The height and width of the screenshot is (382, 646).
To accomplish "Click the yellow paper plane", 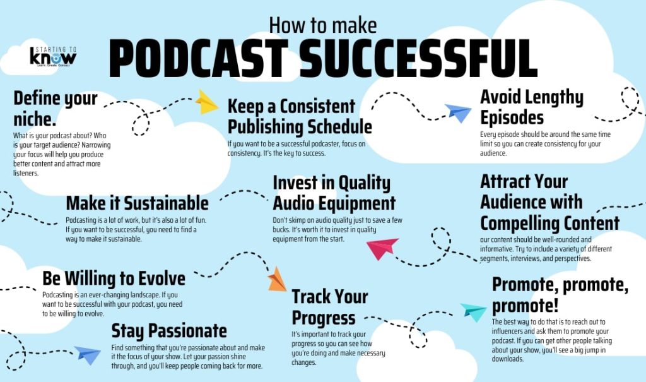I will pyautogui.click(x=207, y=102).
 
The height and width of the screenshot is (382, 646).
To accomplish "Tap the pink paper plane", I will pyautogui.click(x=383, y=248).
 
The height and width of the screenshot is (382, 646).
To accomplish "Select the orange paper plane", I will pyautogui.click(x=277, y=279).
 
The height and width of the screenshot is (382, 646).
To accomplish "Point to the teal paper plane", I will pyautogui.click(x=473, y=311).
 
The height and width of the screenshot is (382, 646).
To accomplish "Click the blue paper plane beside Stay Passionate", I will pyautogui.click(x=88, y=355).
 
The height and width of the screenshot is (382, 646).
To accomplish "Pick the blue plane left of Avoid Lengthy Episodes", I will pyautogui.click(x=459, y=112).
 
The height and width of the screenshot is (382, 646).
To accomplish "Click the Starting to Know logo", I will pyautogui.click(x=53, y=56).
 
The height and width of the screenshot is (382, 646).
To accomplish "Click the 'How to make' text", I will pyautogui.click(x=322, y=25).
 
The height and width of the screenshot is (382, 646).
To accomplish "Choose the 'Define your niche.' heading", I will pyautogui.click(x=55, y=108).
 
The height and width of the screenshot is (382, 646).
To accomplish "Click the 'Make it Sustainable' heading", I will pyautogui.click(x=137, y=203).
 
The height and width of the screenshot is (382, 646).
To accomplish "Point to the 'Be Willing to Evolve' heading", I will pyautogui.click(x=114, y=278).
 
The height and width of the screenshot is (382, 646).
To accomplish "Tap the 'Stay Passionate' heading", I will pyautogui.click(x=168, y=330).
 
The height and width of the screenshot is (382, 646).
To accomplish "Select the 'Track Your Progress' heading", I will pyautogui.click(x=330, y=307).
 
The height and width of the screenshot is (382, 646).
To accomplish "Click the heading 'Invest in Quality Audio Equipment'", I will pyautogui.click(x=334, y=193).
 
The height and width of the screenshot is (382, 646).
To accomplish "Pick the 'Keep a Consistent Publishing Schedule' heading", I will pyautogui.click(x=300, y=116).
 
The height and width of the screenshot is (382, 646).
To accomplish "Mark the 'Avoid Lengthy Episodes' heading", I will pyautogui.click(x=532, y=107).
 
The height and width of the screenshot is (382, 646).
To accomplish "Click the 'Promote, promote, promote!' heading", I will pyautogui.click(x=560, y=295).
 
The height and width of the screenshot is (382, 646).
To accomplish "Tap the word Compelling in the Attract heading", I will pyautogui.click(x=549, y=224).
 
